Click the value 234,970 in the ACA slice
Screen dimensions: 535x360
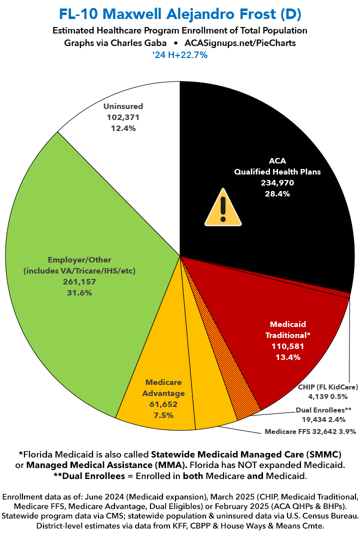(x=277, y=182)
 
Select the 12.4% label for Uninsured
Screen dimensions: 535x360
(x=123, y=128)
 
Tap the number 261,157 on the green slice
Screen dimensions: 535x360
(x=79, y=282)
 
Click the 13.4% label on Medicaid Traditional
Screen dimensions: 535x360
(x=288, y=356)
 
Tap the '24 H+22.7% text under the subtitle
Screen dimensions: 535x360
(x=180, y=55)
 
